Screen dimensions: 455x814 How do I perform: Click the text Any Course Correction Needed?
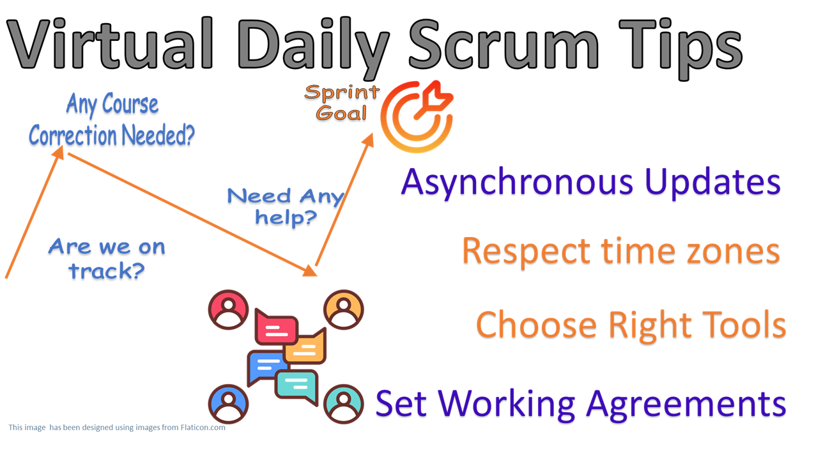click(112, 121)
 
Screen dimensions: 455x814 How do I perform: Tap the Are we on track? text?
click(107, 258)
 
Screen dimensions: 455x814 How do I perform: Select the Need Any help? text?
click(286, 206)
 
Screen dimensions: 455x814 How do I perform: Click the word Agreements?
click(687, 403)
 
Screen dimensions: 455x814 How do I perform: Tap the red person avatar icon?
click(228, 309)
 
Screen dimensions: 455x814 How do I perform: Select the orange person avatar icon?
click(344, 309)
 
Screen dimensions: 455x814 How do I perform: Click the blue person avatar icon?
click(228, 403)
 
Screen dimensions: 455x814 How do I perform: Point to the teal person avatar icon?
click(344, 403)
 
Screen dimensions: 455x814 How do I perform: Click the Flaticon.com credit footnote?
click(117, 428)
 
